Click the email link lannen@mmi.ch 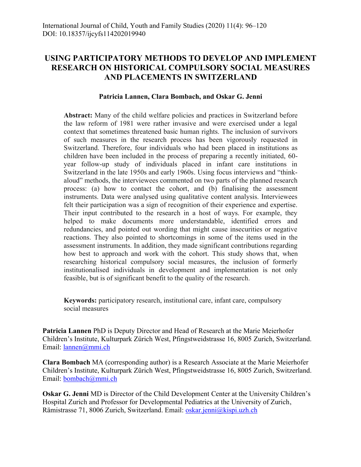coord(86,347)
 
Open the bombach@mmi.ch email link coord(90,379)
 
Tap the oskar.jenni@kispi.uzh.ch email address coord(221,410)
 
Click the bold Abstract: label coord(78,115)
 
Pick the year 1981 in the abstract coord(126,124)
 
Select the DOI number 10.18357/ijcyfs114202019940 coord(102,34)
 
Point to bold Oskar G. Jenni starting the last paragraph coord(65,394)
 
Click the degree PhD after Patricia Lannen coord(99,331)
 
